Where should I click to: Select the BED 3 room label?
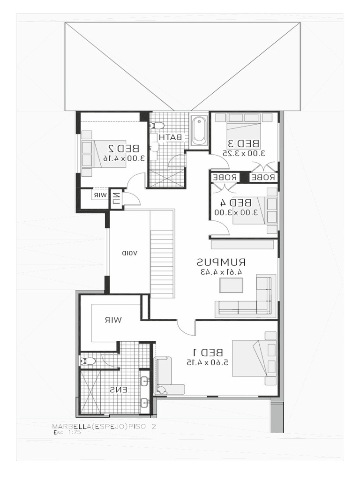(x=244, y=143)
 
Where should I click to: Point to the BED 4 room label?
(x=236, y=202)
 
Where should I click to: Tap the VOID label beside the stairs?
(x=129, y=253)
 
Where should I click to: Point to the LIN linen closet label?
(x=116, y=199)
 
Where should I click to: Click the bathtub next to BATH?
(x=199, y=131)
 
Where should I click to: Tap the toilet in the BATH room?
(x=157, y=126)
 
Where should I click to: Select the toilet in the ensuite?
(x=88, y=361)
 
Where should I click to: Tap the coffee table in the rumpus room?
(x=231, y=285)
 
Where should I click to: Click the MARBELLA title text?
(x=103, y=427)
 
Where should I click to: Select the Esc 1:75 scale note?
(x=67, y=433)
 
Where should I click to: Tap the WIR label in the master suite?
(x=113, y=320)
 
